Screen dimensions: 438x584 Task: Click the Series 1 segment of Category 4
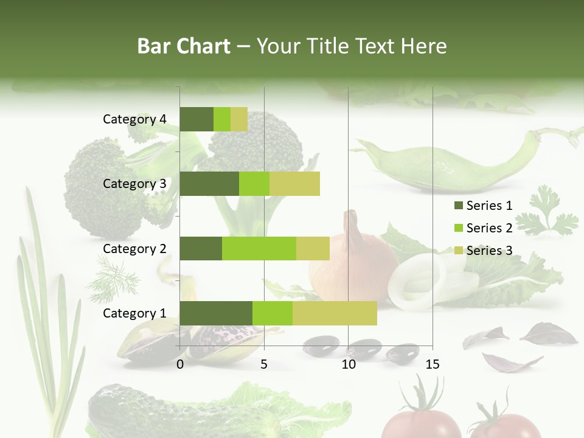point(196,119)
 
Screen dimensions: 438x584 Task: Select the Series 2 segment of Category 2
point(259,248)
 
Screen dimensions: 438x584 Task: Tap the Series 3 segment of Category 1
point(335,313)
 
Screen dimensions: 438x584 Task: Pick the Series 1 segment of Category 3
point(209,184)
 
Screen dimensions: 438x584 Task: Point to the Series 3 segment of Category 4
point(239,119)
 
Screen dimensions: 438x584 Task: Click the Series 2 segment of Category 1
point(273,313)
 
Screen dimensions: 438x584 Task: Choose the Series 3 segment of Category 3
point(294,184)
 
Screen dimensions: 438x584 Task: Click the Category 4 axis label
point(134,119)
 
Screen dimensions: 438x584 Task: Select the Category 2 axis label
point(134,248)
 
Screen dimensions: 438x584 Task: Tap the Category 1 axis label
point(134,313)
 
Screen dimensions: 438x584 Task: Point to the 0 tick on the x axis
point(180,364)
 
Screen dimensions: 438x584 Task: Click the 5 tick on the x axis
point(264,364)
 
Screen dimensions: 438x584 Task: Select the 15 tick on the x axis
point(432,364)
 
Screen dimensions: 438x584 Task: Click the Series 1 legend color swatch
point(458,206)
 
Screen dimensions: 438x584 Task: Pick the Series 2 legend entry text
point(489,228)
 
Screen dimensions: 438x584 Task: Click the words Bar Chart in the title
point(184,46)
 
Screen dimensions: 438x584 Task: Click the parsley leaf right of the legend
point(546,213)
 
